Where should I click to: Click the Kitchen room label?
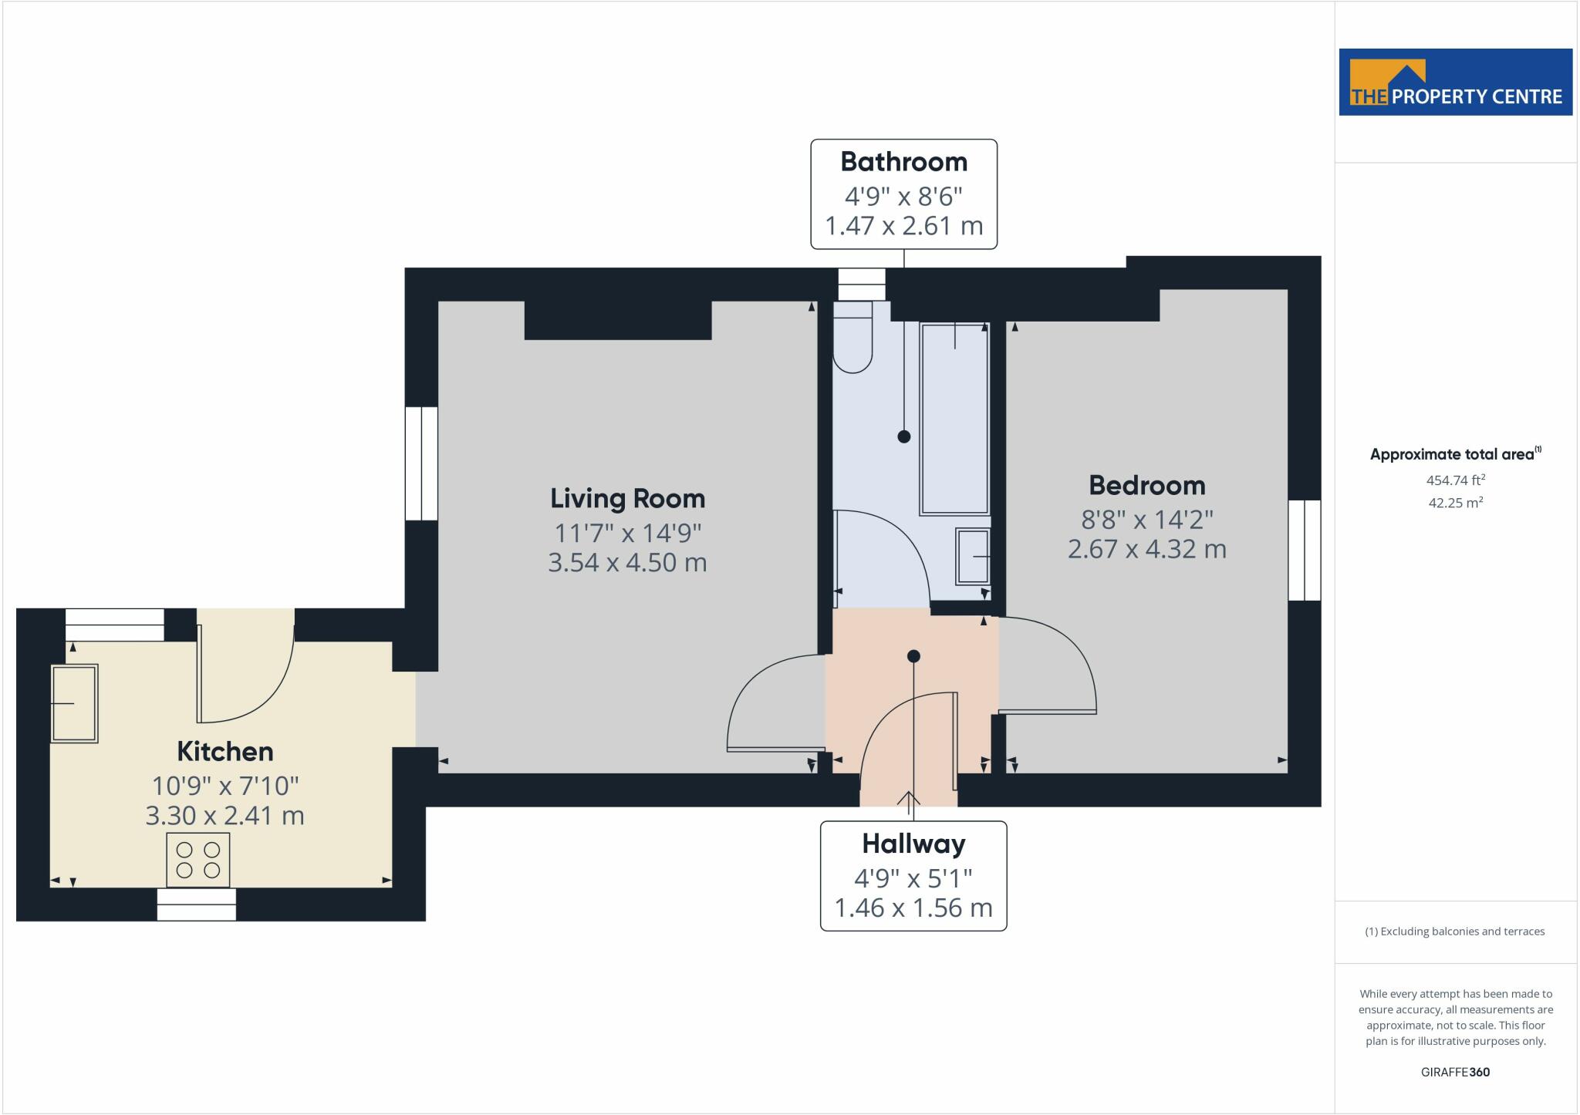tap(225, 751)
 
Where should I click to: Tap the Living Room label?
tap(627, 498)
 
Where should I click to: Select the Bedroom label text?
tap(1146, 485)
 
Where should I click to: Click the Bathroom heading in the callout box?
tap(903, 162)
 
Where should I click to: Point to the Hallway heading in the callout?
tap(913, 844)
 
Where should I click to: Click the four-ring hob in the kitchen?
tap(197, 860)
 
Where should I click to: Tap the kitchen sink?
tap(74, 703)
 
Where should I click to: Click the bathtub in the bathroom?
tap(954, 418)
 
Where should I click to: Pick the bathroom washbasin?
tap(973, 556)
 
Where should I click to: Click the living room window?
tap(421, 463)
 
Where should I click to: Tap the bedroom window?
tap(1305, 550)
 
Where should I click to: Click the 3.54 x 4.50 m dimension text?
tap(627, 562)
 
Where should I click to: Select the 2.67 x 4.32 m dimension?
tap(1146, 549)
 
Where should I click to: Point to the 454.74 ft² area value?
tap(1455, 480)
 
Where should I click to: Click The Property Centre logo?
tap(1455, 82)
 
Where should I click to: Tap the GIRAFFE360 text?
tap(1455, 1072)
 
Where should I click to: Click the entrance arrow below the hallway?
tap(909, 803)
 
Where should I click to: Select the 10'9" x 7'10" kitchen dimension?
tap(225, 786)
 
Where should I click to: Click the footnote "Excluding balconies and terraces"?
tap(1455, 931)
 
